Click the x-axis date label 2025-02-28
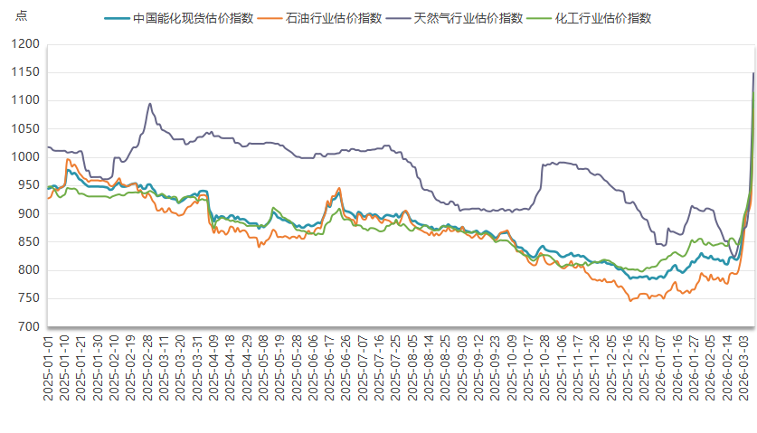coord(147,372)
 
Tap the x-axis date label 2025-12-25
coord(643,372)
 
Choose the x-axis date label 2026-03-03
coord(743,372)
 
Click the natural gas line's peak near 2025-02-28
coord(149,103)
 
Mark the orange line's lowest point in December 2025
coord(630,300)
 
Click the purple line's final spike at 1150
coord(753,73)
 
